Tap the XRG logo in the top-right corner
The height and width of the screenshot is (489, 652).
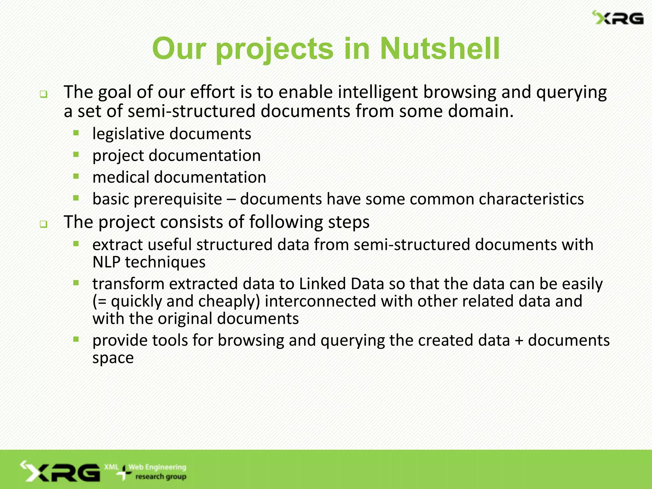[618, 18]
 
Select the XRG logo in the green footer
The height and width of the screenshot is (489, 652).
[60, 472]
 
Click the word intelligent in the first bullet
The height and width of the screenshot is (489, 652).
[378, 92]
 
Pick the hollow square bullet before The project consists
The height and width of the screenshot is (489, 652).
[44, 224]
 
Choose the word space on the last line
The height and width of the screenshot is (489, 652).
[113, 358]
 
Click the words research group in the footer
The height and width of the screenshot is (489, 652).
[161, 477]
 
